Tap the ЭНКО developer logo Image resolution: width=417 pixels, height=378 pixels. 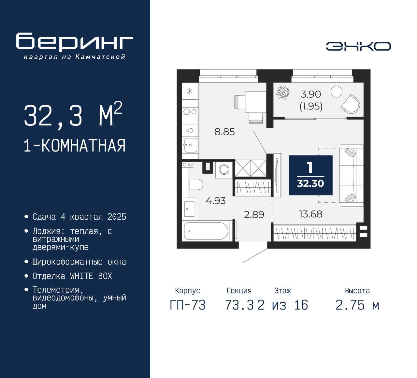click(x=358, y=46)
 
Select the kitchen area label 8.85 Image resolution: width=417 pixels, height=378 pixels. click(x=224, y=132)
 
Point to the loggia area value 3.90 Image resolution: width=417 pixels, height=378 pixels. click(x=311, y=94)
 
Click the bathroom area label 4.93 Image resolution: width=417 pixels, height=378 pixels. click(x=216, y=201)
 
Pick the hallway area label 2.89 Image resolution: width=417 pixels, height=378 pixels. click(x=254, y=214)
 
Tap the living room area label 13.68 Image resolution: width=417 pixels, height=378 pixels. click(x=310, y=214)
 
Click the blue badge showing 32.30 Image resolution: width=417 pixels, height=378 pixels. click(x=310, y=175)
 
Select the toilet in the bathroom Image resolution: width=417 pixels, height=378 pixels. click(x=196, y=184)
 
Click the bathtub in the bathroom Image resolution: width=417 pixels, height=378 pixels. click(x=206, y=231)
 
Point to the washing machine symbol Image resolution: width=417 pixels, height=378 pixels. click(x=224, y=170)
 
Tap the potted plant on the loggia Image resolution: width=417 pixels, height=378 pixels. click(x=283, y=93)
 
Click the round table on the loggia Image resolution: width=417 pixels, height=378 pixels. click(x=336, y=92)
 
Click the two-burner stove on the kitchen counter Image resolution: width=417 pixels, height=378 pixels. click(x=190, y=112)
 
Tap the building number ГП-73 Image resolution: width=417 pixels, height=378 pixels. click(x=188, y=305)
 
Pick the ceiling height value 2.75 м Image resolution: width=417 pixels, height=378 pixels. click(x=357, y=305)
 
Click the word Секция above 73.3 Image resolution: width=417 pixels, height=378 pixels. click(x=239, y=291)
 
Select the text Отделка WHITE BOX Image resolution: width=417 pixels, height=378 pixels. click(x=72, y=276)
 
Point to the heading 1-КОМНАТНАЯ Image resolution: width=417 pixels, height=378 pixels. click(x=75, y=146)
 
